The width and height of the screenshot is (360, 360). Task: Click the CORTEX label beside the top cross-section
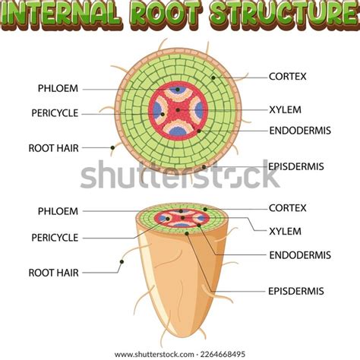click(287, 77)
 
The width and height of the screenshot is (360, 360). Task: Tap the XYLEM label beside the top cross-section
click(285, 110)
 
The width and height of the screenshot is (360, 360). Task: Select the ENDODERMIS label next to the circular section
click(300, 131)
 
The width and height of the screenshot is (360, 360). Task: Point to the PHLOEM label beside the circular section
click(58, 88)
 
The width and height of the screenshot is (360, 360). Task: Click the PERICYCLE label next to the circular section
click(55, 113)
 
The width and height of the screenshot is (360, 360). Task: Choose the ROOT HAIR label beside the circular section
click(53, 148)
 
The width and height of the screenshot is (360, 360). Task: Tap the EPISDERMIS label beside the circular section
click(296, 166)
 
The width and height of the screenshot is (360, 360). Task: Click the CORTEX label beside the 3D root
click(287, 208)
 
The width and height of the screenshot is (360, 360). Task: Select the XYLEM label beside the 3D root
click(285, 232)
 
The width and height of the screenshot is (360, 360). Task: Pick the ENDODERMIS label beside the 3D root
click(300, 255)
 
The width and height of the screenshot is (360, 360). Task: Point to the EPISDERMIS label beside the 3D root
click(296, 291)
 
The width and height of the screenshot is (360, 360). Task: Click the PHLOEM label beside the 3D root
click(58, 211)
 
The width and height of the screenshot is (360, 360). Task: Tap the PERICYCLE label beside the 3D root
click(55, 238)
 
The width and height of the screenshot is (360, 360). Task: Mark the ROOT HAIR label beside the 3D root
click(53, 273)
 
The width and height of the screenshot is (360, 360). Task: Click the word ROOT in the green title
click(166, 13)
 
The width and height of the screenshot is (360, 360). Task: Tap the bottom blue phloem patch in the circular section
click(178, 131)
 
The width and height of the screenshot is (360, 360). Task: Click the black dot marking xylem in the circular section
click(178, 110)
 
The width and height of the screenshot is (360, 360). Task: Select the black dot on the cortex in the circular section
click(213, 77)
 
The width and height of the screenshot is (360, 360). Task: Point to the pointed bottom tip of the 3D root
click(183, 336)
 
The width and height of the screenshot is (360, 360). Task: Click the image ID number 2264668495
click(223, 354)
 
